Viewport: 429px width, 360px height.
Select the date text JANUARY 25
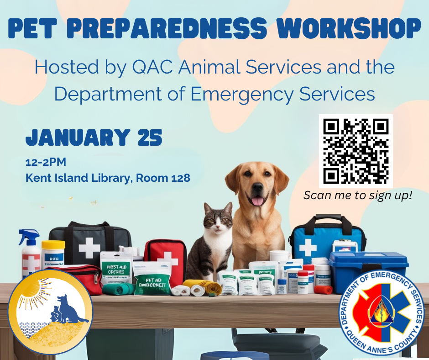[94, 138]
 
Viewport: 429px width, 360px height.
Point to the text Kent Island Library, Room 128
[108, 178]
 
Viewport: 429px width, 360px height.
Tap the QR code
[356, 151]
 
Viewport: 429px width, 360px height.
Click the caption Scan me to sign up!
[358, 196]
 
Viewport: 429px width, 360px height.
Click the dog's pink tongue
[257, 201]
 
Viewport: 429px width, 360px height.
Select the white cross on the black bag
[89, 249]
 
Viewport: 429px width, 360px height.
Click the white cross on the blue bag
[308, 247]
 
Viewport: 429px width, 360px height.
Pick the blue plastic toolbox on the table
[368, 271]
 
